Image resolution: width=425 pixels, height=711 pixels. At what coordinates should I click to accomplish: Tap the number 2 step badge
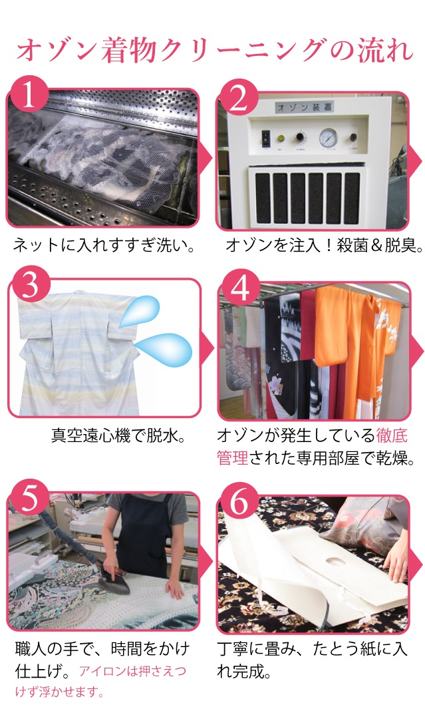(238, 97)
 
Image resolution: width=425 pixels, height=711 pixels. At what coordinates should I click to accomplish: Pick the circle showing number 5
(29, 499)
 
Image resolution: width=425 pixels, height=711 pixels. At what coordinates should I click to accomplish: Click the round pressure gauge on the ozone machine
(328, 137)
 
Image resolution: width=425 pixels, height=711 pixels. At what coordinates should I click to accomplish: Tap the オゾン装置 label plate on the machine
(305, 107)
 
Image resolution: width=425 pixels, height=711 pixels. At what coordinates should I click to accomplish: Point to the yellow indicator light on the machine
(281, 137)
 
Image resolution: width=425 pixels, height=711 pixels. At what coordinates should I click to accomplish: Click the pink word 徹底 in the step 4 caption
(392, 435)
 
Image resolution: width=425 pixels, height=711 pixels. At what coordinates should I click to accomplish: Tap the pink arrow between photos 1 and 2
(207, 158)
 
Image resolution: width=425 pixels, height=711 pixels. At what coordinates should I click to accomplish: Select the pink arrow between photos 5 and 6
(207, 561)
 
